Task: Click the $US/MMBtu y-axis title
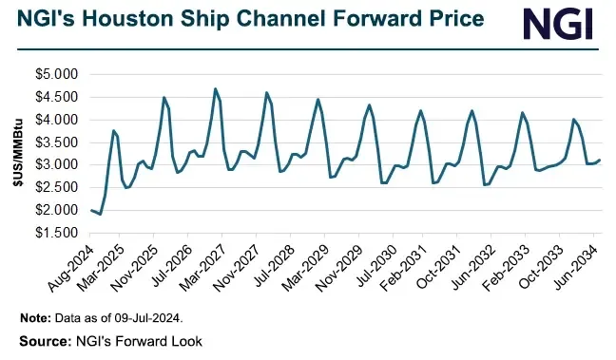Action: coord(17,153)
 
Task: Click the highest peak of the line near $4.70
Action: coord(216,88)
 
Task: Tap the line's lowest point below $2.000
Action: coord(101,215)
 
